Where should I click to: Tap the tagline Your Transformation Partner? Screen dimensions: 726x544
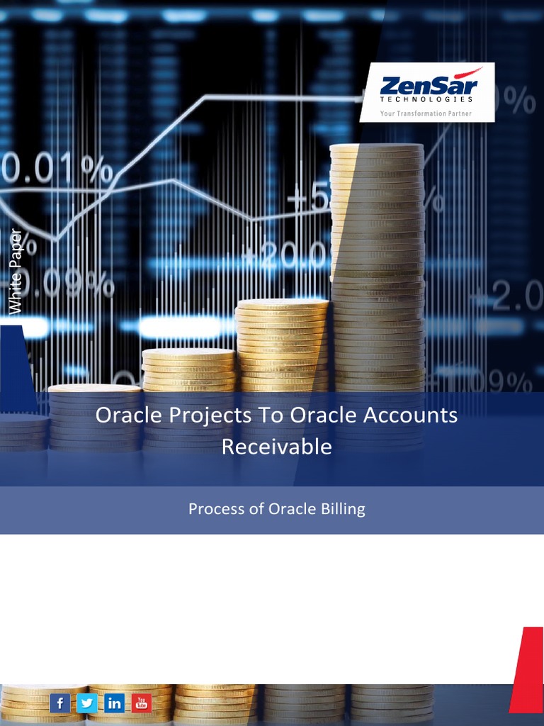[x=426, y=113]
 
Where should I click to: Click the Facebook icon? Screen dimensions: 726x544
[x=60, y=703]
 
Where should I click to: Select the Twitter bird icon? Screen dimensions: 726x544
[x=87, y=703]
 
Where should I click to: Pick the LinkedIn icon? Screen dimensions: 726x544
[x=114, y=703]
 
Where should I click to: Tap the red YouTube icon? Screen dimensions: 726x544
[x=142, y=703]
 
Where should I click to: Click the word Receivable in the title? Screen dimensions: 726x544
[x=276, y=447]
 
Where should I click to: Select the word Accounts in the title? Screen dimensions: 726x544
[x=410, y=415]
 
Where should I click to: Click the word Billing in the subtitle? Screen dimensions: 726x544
[x=341, y=509]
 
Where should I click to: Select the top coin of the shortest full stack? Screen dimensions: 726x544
[x=94, y=389]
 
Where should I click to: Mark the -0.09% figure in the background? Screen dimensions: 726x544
[x=60, y=284]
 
